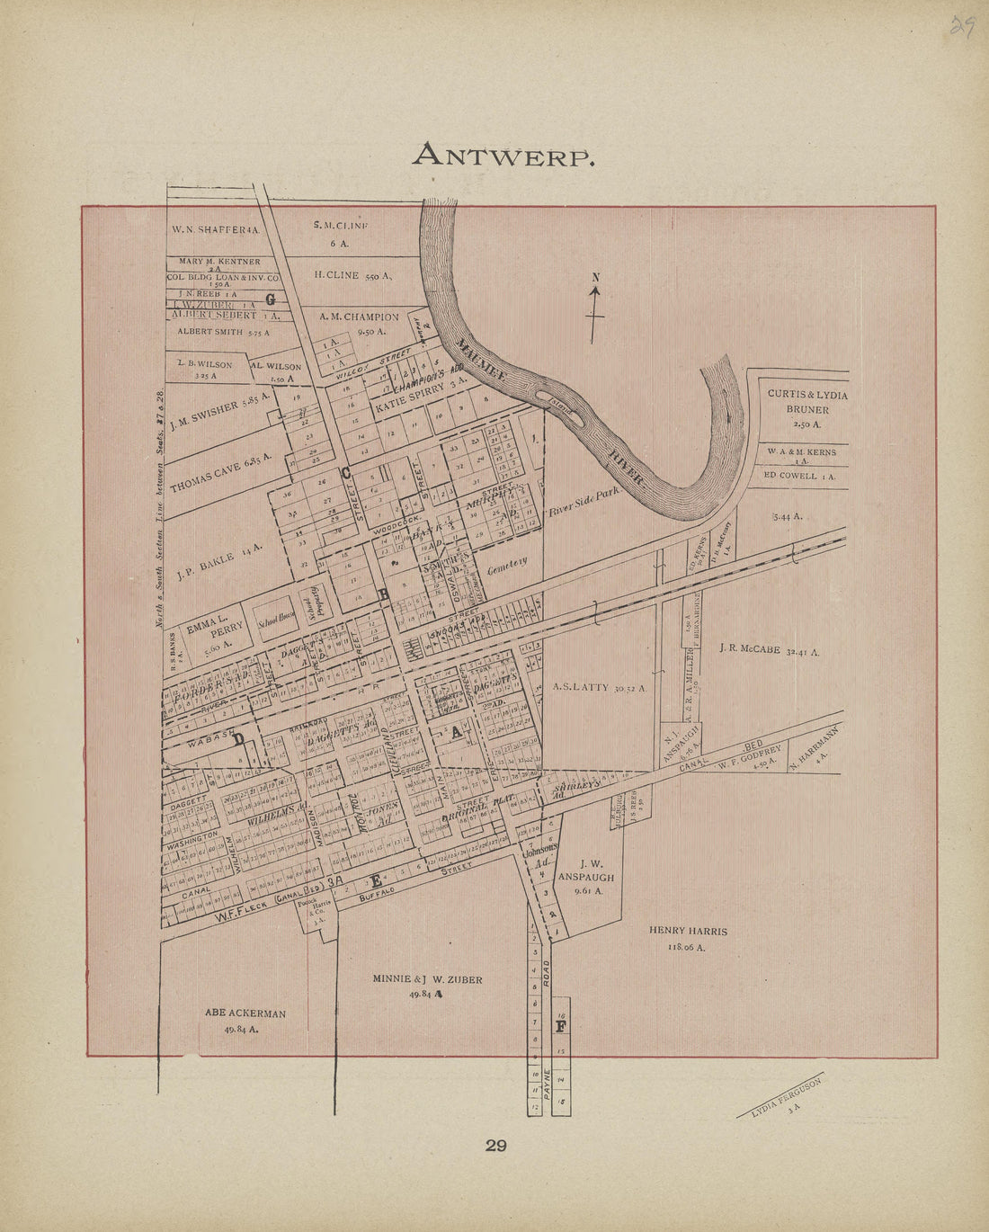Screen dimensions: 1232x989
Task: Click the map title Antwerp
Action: (503, 156)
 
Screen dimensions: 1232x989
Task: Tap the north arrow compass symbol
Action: (594, 309)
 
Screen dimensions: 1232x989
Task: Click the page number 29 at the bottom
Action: (496, 1146)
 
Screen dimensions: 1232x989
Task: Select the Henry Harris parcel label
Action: (688, 938)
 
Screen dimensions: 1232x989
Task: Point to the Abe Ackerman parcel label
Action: (245, 1020)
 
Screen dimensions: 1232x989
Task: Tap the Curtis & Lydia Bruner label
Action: (806, 401)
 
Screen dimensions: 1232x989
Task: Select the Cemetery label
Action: (506, 567)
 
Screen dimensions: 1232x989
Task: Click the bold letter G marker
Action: (270, 300)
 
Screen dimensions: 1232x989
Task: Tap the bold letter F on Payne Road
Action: (561, 1026)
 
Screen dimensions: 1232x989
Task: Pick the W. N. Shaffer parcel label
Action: (215, 229)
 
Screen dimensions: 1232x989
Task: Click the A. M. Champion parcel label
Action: (359, 323)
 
